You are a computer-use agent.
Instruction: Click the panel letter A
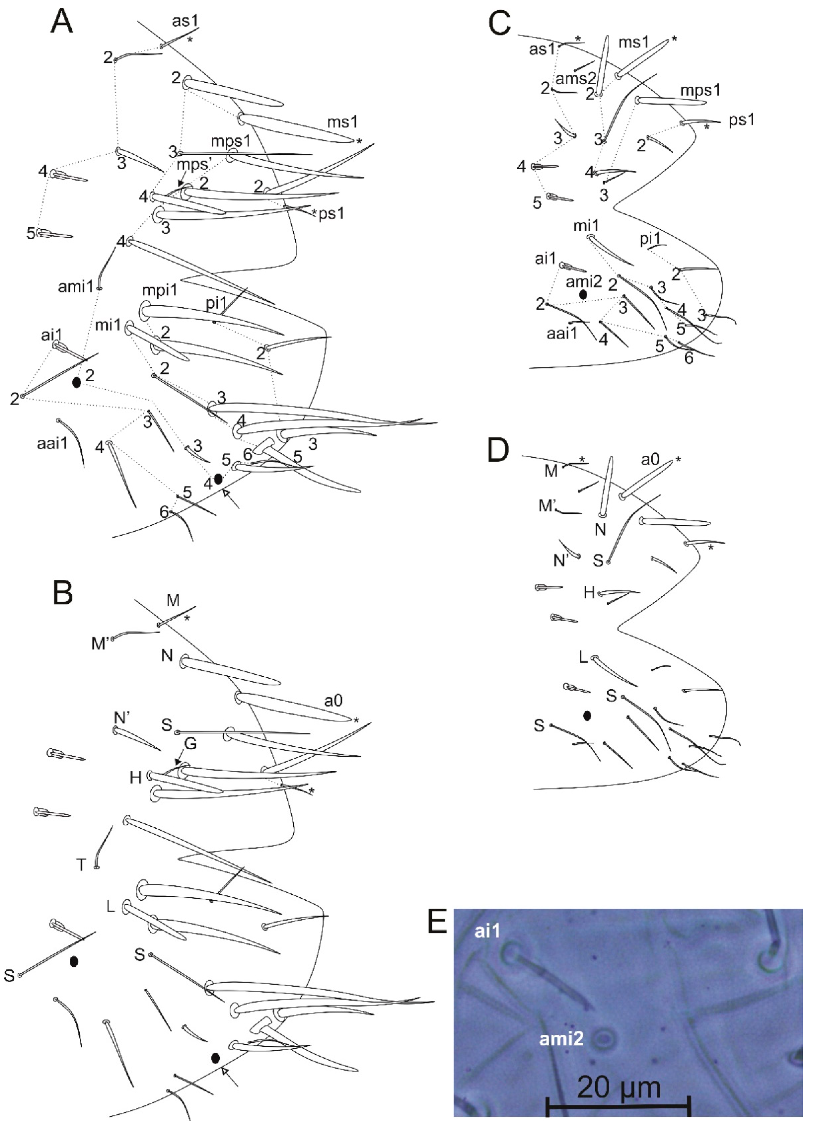(62, 22)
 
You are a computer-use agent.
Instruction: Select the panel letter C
(499, 22)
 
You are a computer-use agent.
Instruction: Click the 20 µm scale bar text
(619, 1088)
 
